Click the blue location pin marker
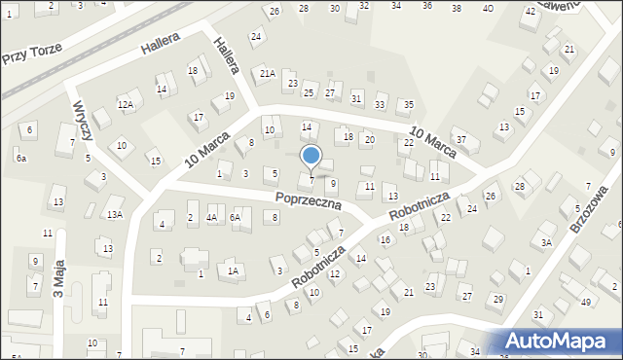(x=311, y=157)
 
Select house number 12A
(x=125, y=104)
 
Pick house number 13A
(x=115, y=214)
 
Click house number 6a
(x=20, y=158)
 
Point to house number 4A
(x=211, y=218)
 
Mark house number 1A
(x=233, y=271)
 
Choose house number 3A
(x=547, y=242)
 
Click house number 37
(x=462, y=140)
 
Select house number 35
(x=409, y=104)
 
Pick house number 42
(x=530, y=11)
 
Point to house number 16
(x=385, y=239)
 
